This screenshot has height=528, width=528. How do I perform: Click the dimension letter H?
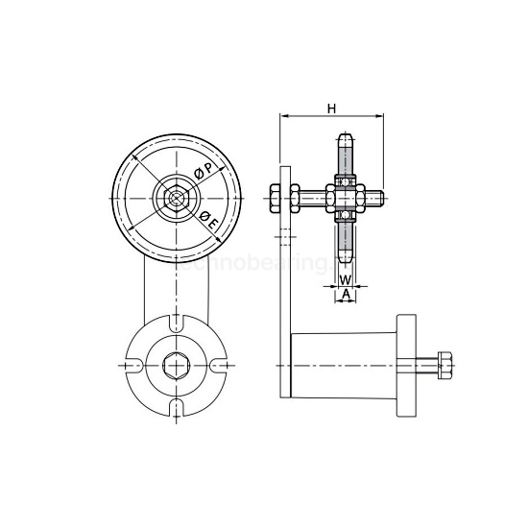click(330, 108)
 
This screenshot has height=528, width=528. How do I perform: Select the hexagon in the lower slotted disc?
click(176, 365)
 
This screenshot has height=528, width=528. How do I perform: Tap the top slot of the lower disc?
click(176, 325)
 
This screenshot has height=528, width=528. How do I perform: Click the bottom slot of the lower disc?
click(176, 407)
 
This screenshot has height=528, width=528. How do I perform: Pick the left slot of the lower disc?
click(135, 366)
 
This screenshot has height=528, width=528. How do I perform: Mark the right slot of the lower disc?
click(217, 366)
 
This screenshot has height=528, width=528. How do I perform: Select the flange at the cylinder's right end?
click(406, 366)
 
